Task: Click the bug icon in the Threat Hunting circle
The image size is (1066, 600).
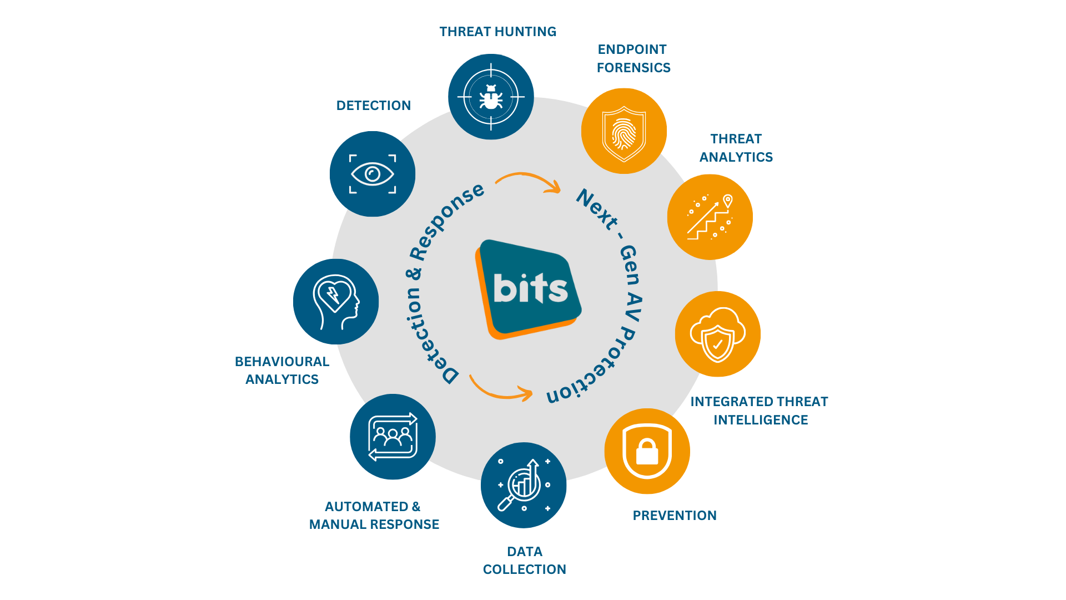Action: pyautogui.click(x=491, y=97)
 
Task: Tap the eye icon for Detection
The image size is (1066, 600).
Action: pyautogui.click(x=373, y=174)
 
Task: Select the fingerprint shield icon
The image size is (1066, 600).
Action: pyautogui.click(x=624, y=134)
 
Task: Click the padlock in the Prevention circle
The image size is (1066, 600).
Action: pyautogui.click(x=647, y=451)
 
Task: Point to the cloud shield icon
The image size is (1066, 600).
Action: pyautogui.click(x=717, y=334)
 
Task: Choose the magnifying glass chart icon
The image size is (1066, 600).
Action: pyautogui.click(x=524, y=485)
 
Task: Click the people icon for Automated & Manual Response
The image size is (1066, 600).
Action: pyautogui.click(x=393, y=437)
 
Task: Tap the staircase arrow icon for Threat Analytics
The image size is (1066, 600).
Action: pyautogui.click(x=710, y=217)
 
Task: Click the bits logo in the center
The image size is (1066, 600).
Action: pyautogui.click(x=528, y=289)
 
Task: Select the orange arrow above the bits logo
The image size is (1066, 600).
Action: pyautogui.click(x=528, y=181)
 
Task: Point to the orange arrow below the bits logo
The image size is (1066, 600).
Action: pyautogui.click(x=500, y=389)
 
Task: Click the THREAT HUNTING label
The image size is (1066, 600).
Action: pyautogui.click(x=498, y=32)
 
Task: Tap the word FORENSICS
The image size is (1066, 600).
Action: pyautogui.click(x=633, y=68)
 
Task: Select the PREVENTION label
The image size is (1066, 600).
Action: pyautogui.click(x=675, y=516)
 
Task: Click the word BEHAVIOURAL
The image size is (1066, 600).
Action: pyautogui.click(x=282, y=362)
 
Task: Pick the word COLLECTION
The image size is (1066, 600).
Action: pyautogui.click(x=525, y=569)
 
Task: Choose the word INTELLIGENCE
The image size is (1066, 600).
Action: pyautogui.click(x=761, y=420)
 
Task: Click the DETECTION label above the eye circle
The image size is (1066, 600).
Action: pyautogui.click(x=374, y=106)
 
